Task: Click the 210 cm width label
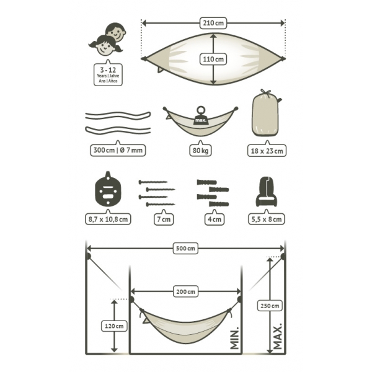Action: pos(213,23)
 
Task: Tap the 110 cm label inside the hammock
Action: pos(213,59)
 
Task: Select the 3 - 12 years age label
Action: pos(108,74)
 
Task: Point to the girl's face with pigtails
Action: pos(105,45)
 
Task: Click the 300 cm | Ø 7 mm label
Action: pos(118,150)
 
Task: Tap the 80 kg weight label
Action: pos(200,151)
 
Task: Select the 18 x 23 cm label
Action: pos(267,151)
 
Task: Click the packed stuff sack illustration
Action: pos(265,113)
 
